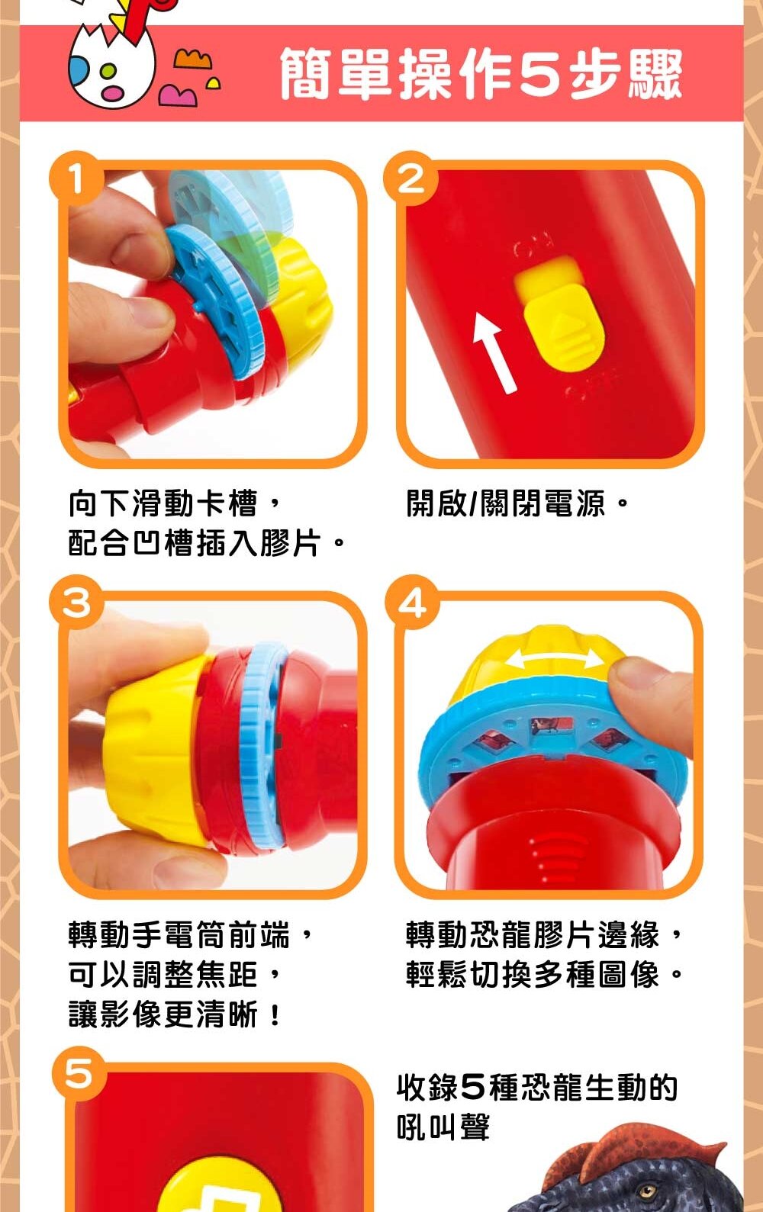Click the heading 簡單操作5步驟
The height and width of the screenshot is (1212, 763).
(x=481, y=73)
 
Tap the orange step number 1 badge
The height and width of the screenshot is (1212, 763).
(x=76, y=178)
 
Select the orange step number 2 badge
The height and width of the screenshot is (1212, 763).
(x=410, y=178)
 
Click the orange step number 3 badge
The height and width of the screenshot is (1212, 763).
(x=76, y=602)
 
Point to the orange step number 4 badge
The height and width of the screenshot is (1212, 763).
(x=412, y=602)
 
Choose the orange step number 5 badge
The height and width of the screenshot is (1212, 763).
(x=79, y=1073)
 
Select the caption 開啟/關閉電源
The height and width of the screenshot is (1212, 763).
(x=518, y=503)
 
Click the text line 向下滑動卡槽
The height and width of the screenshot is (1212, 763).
(x=175, y=503)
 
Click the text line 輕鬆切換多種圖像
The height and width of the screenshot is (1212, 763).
(x=544, y=975)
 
